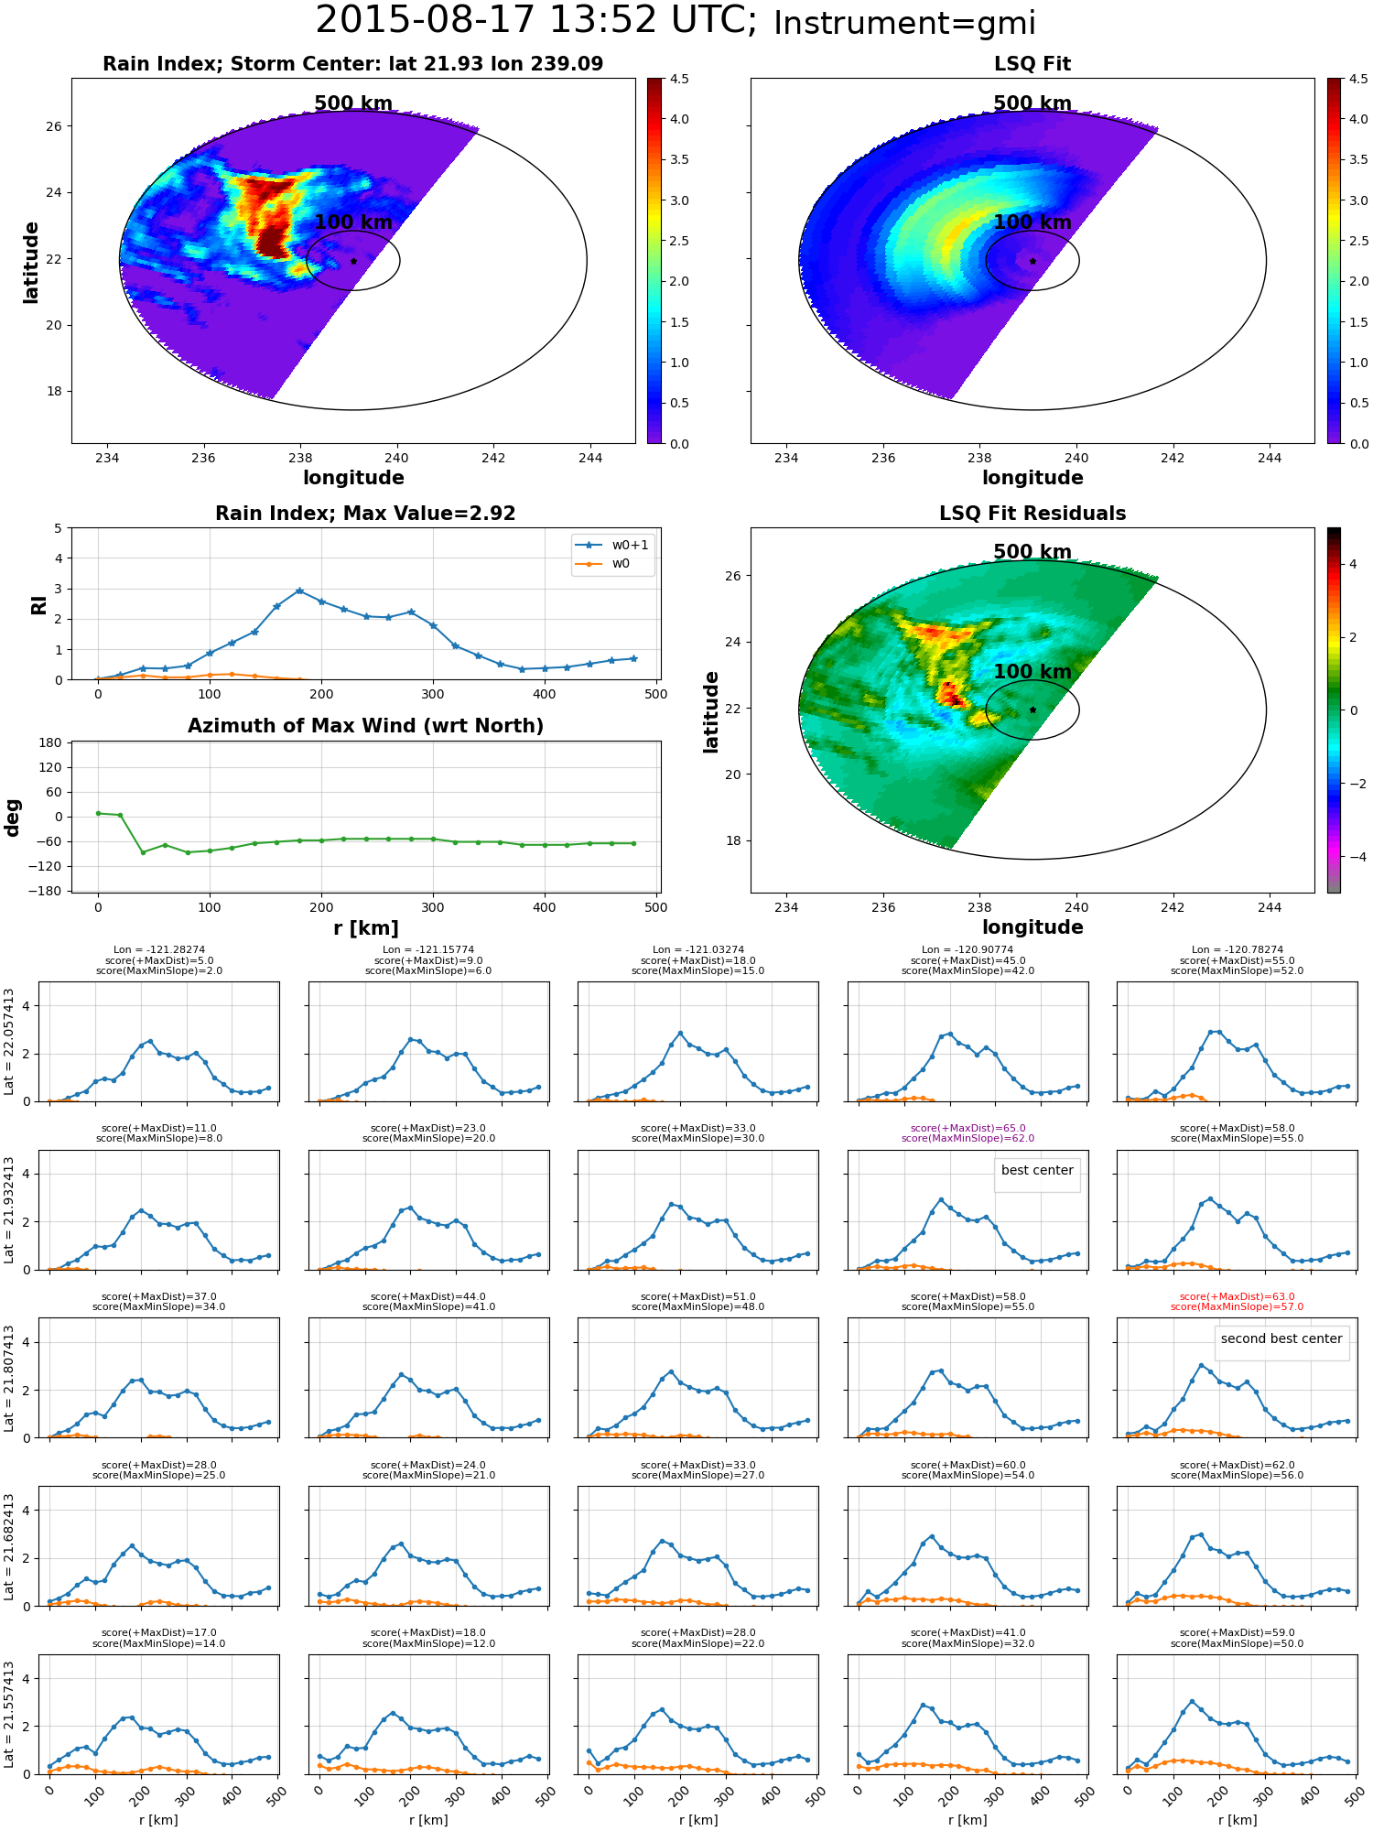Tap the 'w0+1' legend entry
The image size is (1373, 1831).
[630, 545]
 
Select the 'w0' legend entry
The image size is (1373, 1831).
[621, 563]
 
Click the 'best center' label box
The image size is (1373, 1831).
[1037, 1171]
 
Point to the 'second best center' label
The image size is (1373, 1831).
[1281, 1339]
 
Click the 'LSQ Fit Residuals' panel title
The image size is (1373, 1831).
[1032, 514]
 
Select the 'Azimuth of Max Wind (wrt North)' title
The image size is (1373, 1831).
[366, 726]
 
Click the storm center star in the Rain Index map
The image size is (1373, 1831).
[353, 261]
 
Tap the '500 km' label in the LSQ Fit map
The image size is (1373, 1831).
[1032, 103]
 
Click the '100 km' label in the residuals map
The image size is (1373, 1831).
[1032, 672]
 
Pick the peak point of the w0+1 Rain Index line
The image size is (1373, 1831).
[299, 590]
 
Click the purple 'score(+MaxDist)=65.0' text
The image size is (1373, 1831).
[968, 1128]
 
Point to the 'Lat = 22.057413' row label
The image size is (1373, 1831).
[9, 1042]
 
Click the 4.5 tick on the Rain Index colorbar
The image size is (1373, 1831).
[679, 79]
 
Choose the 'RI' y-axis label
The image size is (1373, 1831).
[38, 604]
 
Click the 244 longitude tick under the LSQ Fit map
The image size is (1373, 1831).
[1270, 458]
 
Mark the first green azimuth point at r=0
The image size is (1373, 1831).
[98, 813]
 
